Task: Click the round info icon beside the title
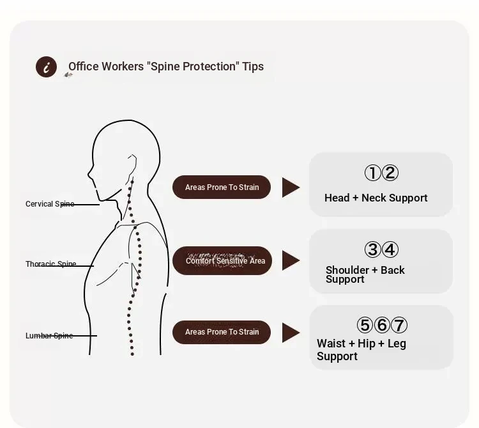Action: coord(46,67)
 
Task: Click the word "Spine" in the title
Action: coord(165,67)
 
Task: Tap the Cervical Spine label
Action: coord(50,203)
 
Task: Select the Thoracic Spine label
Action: coord(50,264)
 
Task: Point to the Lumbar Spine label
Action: coord(49,336)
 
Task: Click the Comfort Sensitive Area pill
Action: coord(222,260)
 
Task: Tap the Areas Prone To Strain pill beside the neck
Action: coord(222,187)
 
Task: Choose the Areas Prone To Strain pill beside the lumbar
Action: coord(222,332)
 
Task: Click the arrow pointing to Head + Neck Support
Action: coord(291,187)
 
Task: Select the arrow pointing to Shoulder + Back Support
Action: coord(291,260)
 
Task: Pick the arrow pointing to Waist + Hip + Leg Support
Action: coord(291,333)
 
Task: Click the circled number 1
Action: coord(373,173)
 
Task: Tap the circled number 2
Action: coord(390,173)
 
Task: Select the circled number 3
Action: coord(373,250)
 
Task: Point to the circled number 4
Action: coord(390,250)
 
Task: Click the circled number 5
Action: coord(365,325)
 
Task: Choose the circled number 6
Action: coord(382,325)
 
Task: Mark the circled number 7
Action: coord(399,325)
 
